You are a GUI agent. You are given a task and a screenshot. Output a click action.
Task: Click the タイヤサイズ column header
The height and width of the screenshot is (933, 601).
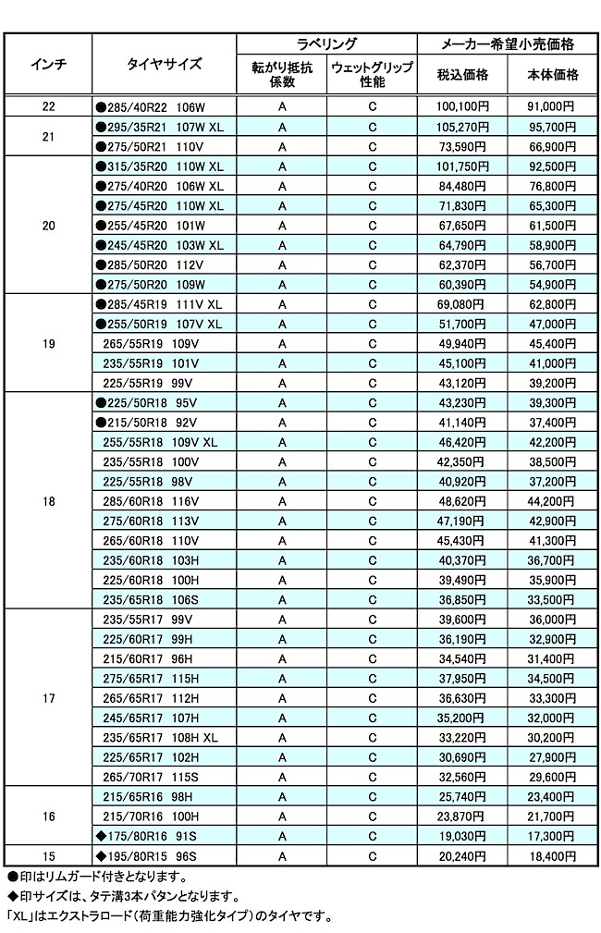164,64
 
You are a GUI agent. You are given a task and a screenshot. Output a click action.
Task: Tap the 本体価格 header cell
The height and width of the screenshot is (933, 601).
553,75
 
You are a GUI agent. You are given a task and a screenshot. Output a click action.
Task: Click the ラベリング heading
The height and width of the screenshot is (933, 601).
326,43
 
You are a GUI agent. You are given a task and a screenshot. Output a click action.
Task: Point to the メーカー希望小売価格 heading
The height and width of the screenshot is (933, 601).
508,43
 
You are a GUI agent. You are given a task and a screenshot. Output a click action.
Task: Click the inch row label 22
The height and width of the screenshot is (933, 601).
48,106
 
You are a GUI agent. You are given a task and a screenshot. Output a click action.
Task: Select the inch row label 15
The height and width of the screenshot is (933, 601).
48,856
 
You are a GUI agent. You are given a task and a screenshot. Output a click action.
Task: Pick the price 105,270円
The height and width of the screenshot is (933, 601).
462,126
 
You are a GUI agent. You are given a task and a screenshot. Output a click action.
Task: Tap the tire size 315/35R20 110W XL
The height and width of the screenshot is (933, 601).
160,166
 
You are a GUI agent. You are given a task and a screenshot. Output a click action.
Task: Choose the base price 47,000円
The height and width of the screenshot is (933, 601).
553,325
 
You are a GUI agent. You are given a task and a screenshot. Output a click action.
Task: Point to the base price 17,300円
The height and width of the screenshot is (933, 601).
553,837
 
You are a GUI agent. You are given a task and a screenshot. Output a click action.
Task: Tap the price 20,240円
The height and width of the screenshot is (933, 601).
462,856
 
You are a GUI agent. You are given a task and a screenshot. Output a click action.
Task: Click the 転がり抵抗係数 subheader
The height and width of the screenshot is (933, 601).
282,75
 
